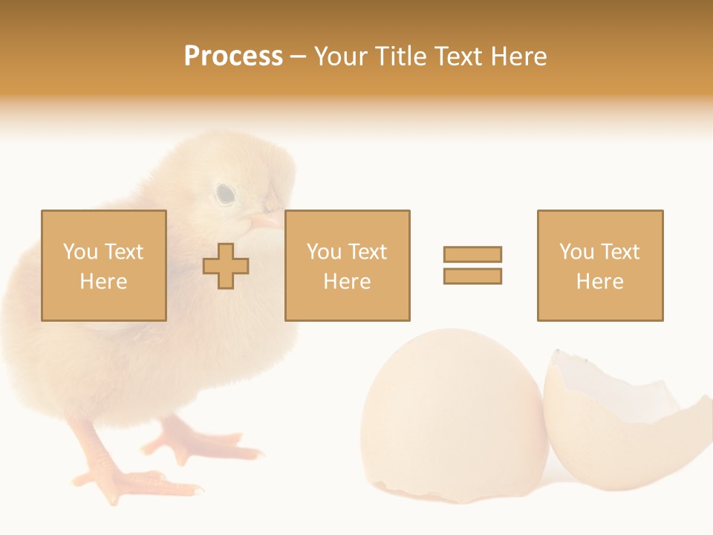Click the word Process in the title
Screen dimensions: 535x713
click(x=233, y=56)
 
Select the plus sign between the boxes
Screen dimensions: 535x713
click(x=226, y=266)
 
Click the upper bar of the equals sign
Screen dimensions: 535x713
click(x=472, y=254)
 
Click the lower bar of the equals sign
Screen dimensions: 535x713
click(x=472, y=276)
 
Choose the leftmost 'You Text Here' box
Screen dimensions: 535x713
click(x=103, y=265)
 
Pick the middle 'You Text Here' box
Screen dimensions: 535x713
click(x=347, y=265)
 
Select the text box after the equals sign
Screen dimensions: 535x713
click(x=599, y=265)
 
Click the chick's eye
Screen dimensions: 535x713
click(x=225, y=194)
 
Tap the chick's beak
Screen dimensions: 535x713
click(x=264, y=220)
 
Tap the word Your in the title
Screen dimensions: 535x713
click(x=341, y=56)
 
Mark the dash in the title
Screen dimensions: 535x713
click(x=298, y=57)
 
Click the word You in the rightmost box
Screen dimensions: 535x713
click(x=576, y=252)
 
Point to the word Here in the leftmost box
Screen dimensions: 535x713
click(x=103, y=282)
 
